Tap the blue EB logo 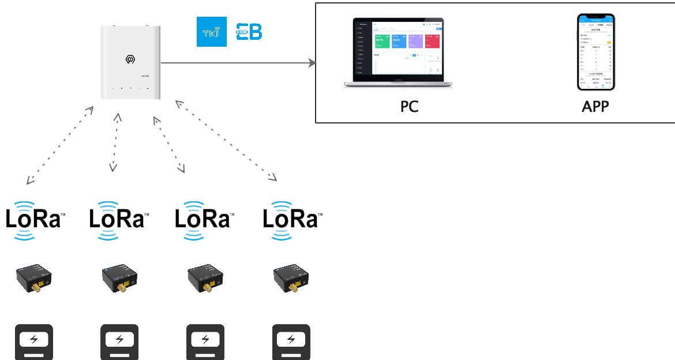pos(249,32)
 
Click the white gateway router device pos(130,62)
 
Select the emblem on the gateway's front pos(130,59)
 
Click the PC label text pos(409,107)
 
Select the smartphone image pos(596,52)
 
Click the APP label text pos(595,107)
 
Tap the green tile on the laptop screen pos(382,41)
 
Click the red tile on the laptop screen pos(431,41)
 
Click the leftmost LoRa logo pos(33,219)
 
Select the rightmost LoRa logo pos(292,219)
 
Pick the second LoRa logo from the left pos(119,219)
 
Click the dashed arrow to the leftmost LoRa pos(61,145)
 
